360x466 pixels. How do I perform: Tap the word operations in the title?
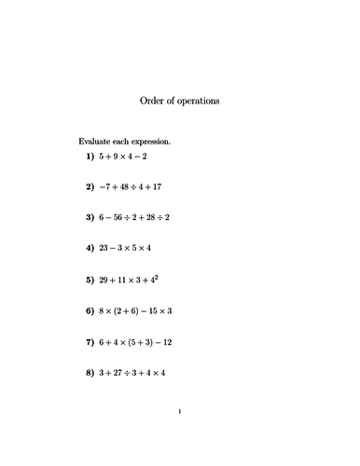click(200, 101)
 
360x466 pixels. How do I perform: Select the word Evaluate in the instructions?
click(97, 142)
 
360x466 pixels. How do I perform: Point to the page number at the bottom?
click(179, 410)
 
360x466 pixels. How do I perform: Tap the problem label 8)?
click(90, 372)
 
